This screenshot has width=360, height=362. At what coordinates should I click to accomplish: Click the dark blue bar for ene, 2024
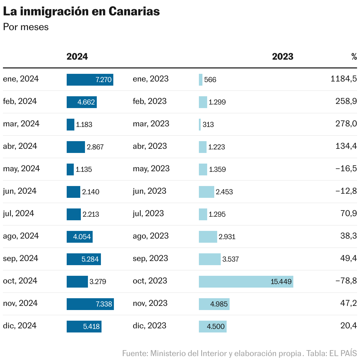(x=90, y=80)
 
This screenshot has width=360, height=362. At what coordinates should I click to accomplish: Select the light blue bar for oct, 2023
(x=246, y=282)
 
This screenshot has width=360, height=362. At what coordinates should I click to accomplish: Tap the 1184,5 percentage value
(x=343, y=79)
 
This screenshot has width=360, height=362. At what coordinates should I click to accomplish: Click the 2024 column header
(x=77, y=57)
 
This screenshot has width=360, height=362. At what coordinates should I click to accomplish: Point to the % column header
(x=354, y=57)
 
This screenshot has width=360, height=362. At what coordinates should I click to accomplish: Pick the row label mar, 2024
(x=21, y=124)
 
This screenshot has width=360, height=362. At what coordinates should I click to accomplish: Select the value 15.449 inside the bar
(x=281, y=282)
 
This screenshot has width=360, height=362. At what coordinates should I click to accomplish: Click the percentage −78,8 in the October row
(x=346, y=281)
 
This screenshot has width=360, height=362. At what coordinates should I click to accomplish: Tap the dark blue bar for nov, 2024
(x=90, y=304)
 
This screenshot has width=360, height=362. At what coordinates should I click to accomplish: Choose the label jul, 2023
(x=148, y=213)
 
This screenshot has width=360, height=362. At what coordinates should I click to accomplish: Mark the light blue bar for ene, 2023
(x=201, y=80)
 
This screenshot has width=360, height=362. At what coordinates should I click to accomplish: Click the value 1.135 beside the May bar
(x=84, y=169)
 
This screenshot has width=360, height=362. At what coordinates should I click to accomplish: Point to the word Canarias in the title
(x=134, y=11)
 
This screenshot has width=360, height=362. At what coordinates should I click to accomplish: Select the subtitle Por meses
(x=26, y=27)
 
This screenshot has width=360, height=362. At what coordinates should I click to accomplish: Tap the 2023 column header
(x=282, y=57)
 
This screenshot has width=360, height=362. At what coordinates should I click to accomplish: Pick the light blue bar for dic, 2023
(x=212, y=327)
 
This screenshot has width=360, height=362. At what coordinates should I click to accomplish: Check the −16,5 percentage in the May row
(x=346, y=169)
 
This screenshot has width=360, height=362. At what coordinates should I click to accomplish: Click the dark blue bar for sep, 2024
(x=84, y=259)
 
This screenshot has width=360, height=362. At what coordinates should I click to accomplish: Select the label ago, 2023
(x=150, y=236)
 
